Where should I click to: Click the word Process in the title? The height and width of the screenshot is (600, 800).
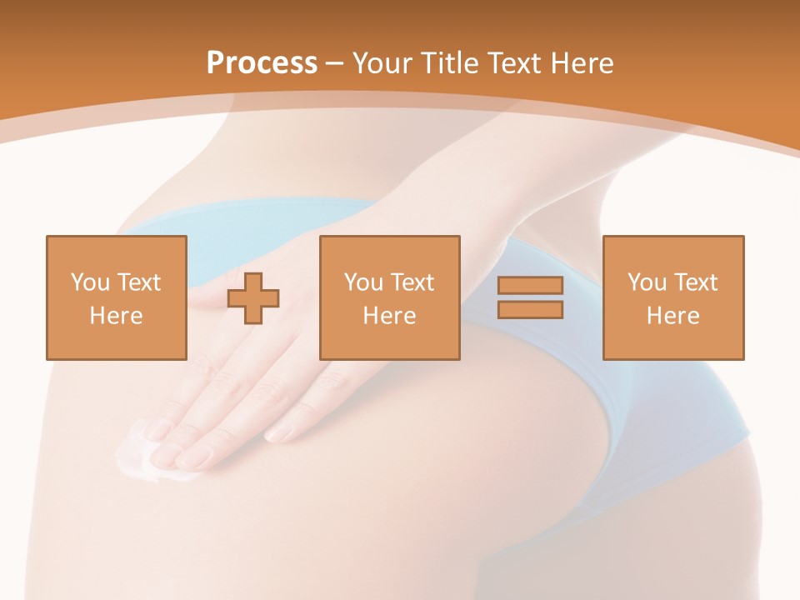(x=262, y=63)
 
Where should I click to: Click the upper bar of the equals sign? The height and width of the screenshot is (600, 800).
(x=530, y=286)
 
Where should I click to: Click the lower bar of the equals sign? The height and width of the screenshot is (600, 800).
(x=530, y=309)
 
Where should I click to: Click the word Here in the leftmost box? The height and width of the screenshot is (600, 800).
(x=116, y=316)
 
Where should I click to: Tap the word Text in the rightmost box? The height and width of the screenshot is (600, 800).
(x=695, y=282)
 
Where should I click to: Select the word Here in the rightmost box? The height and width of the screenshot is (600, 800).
(x=672, y=316)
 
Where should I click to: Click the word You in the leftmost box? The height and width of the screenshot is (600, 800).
(x=89, y=282)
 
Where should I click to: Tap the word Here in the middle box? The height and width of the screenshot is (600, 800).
(x=389, y=316)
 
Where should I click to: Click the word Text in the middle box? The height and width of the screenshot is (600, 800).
(x=412, y=282)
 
